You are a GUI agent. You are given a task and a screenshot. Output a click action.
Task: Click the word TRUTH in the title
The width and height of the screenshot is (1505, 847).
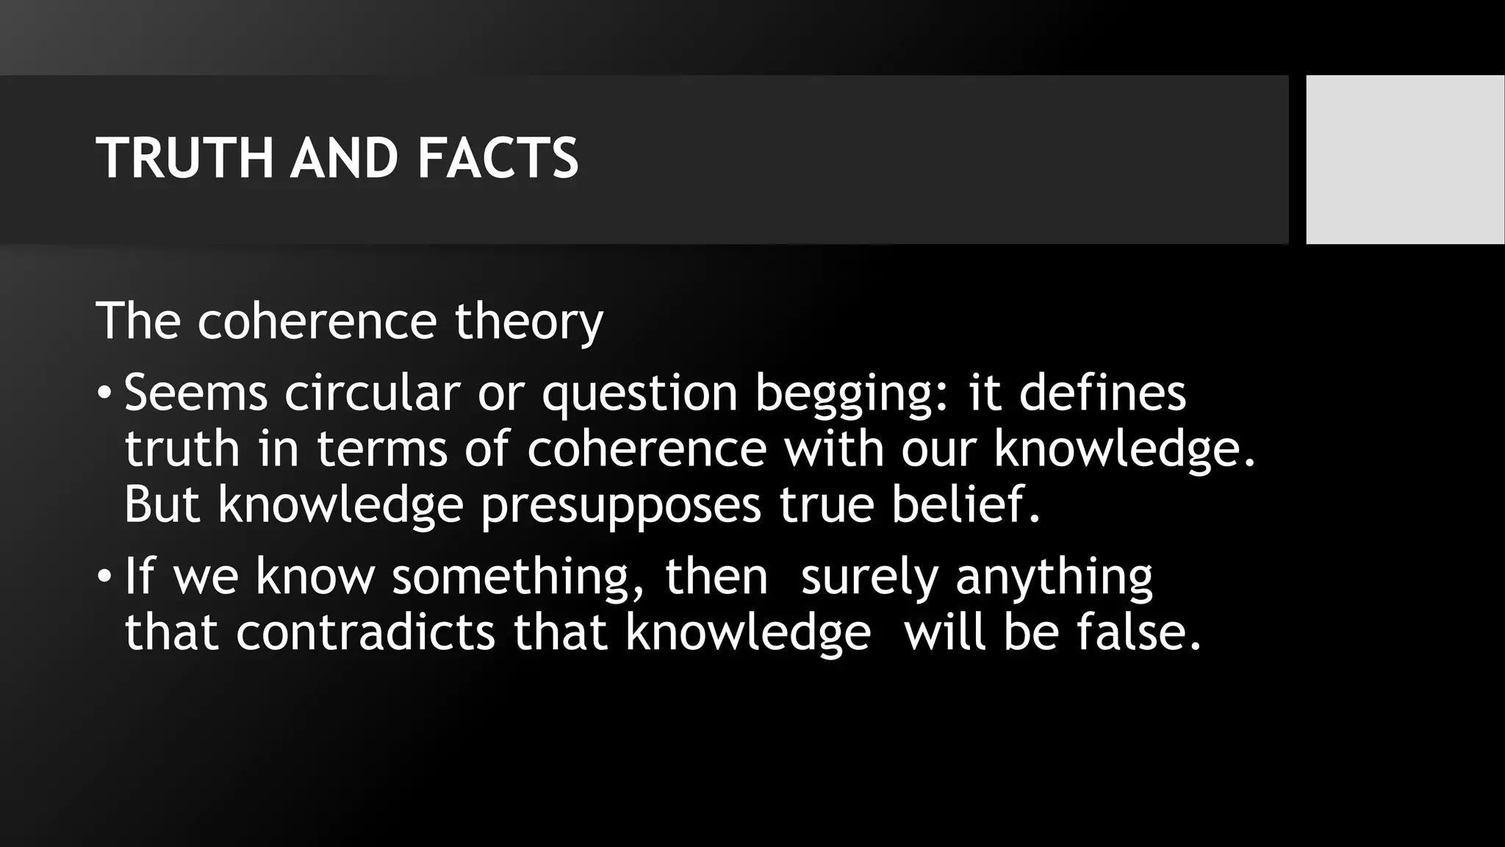pos(184,158)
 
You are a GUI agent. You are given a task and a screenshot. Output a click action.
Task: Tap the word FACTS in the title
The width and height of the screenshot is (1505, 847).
pos(498,158)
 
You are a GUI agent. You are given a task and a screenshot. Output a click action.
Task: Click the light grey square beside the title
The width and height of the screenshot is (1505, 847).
pos(1405,159)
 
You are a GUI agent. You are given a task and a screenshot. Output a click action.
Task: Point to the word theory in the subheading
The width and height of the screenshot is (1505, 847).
pos(528,322)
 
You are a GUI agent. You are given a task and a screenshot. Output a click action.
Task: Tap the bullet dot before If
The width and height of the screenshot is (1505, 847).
pos(104,576)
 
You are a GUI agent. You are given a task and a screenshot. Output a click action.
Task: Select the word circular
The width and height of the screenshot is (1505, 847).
pos(372,393)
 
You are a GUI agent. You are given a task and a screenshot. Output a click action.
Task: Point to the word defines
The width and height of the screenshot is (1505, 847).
pos(1102,393)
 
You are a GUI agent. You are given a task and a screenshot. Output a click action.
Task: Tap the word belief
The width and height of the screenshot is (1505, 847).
pos(966,504)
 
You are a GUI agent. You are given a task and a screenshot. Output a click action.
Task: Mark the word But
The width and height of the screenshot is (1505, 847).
pos(162,504)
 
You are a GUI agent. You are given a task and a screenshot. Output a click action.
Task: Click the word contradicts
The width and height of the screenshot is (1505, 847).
pos(365,632)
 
